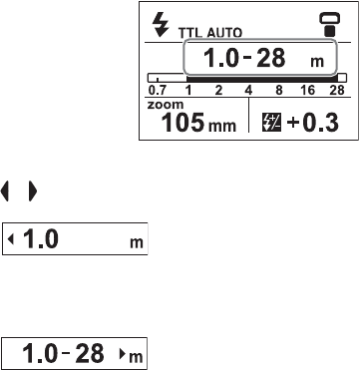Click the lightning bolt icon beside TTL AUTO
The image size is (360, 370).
tap(161, 26)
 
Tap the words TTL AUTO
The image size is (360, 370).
tap(210, 33)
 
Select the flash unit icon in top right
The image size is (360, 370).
tap(330, 25)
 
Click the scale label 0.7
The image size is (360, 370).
tap(158, 91)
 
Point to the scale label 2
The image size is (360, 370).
tap(218, 91)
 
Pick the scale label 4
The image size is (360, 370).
tap(248, 91)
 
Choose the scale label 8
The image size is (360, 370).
tap(278, 91)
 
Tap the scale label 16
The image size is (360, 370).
tap(307, 91)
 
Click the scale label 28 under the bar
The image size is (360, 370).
tap(336, 91)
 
